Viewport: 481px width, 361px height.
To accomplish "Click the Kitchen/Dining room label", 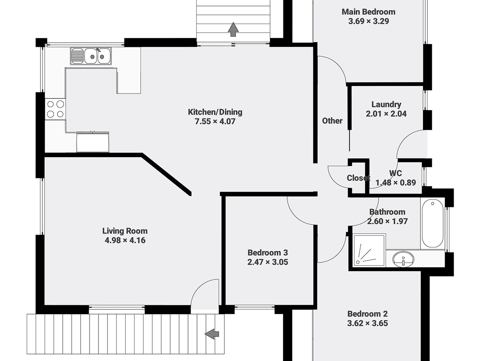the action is click(215, 112).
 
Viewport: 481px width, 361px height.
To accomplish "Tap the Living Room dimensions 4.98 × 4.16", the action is click(125, 240).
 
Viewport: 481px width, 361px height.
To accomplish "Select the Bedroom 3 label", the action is click(268, 253).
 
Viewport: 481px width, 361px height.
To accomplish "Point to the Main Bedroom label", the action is click(368, 12).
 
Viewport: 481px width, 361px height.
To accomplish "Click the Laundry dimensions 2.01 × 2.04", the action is click(386, 114).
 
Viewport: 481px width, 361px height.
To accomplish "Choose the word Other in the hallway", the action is click(332, 121).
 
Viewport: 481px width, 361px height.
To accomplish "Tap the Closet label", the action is click(358, 178).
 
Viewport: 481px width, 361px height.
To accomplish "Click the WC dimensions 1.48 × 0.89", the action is click(395, 182).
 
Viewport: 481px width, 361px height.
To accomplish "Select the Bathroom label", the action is click(387, 212).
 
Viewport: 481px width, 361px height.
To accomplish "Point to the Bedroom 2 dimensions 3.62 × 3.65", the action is click(367, 323).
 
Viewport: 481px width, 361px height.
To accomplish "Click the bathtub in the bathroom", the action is click(432, 223).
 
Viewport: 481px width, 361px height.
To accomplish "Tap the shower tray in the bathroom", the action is click(370, 250).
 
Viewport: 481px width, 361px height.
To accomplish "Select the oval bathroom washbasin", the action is click(404, 259).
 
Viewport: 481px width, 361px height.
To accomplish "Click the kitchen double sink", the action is click(91, 56).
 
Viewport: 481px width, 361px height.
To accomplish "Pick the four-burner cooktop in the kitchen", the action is click(55, 109).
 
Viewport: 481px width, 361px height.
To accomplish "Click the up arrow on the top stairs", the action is click(233, 29).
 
